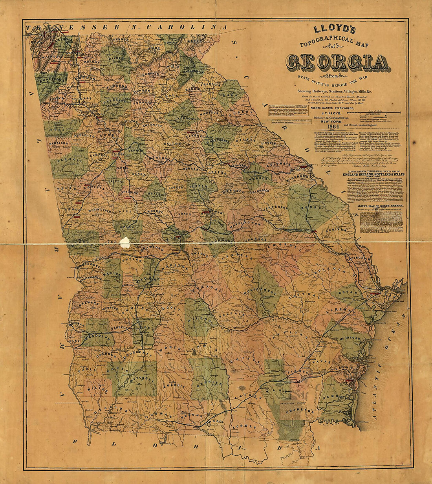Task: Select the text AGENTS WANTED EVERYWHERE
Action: click(332, 108)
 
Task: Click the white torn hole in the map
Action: click(124, 242)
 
